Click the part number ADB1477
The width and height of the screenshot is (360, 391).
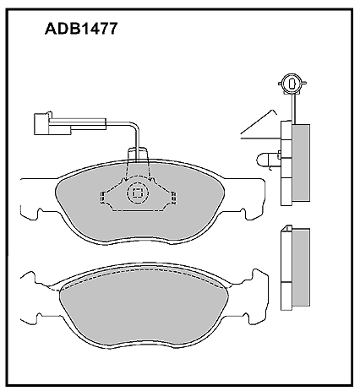coord(81,29)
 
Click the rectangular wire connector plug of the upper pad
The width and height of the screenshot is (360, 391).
coord(52,124)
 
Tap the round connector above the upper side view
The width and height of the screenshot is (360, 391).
coord(292,84)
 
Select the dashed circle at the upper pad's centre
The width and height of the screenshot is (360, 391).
coord(137,193)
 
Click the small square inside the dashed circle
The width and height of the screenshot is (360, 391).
coord(137,193)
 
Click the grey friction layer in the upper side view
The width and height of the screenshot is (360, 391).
coord(301,162)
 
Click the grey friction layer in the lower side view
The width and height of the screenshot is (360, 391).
coord(301,268)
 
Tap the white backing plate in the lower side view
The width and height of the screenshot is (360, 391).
coord(286,268)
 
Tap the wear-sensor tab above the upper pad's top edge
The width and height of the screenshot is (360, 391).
coord(138,155)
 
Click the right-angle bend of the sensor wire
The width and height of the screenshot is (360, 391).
coord(135,125)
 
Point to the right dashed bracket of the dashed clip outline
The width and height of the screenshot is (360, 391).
coord(173,198)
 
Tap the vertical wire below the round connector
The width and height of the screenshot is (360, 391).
coord(293,108)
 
